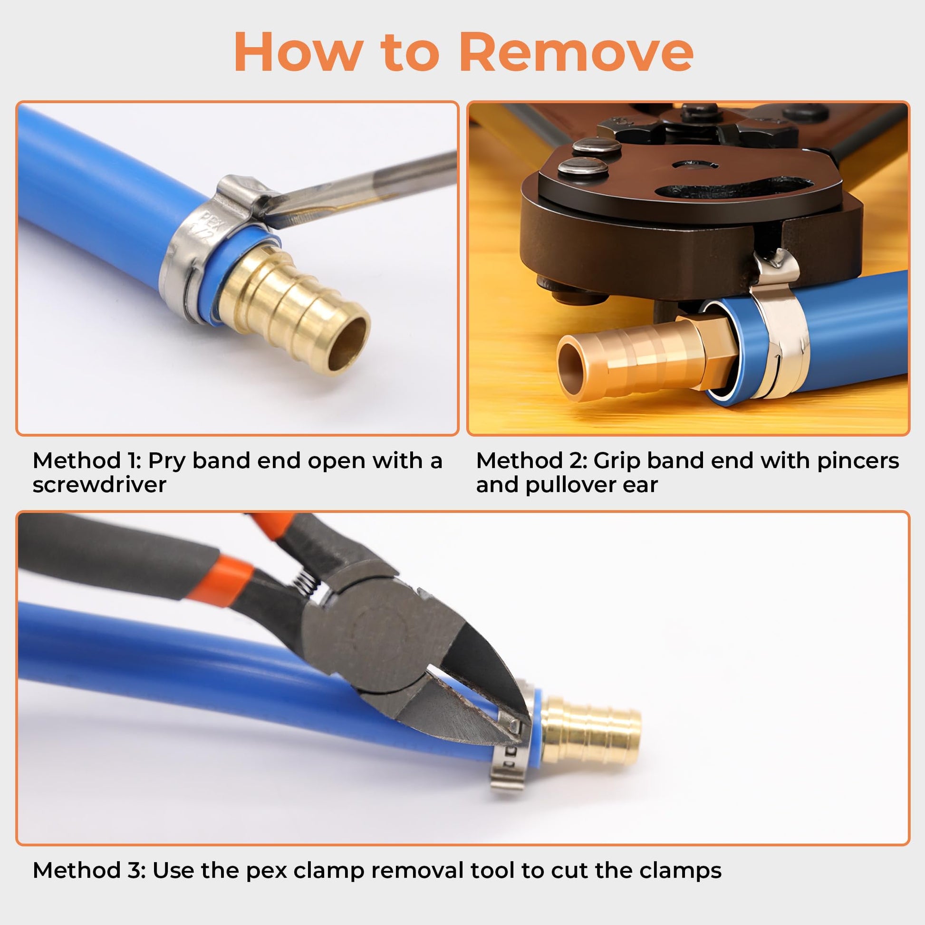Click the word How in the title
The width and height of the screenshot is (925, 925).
click(296, 52)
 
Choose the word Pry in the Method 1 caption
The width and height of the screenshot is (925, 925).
click(166, 461)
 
